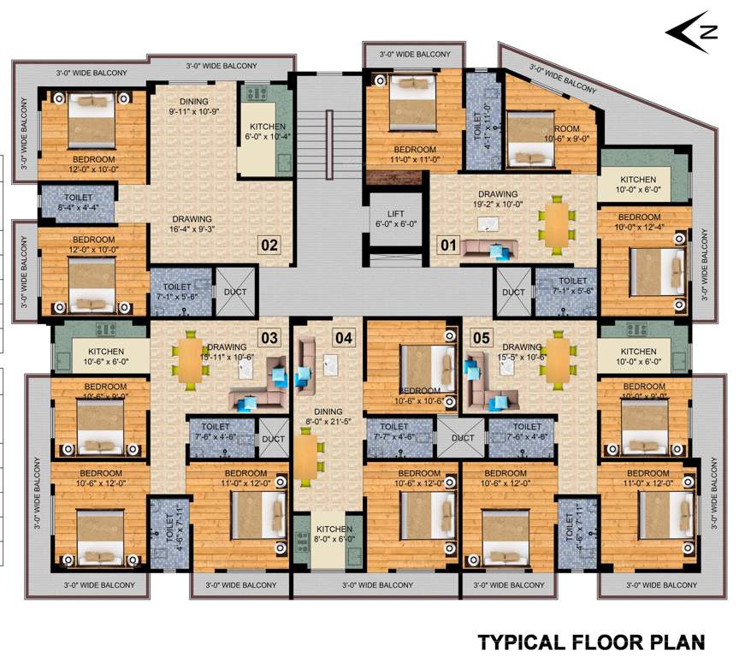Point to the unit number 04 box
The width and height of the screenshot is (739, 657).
point(344,338)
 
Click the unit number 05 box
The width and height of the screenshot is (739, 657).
point(482,338)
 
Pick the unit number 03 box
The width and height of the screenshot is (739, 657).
point(269,338)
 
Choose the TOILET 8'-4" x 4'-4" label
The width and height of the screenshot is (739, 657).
point(78,201)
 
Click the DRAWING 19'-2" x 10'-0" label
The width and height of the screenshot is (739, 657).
point(499,199)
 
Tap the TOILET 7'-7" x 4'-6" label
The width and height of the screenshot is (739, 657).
point(394,430)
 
